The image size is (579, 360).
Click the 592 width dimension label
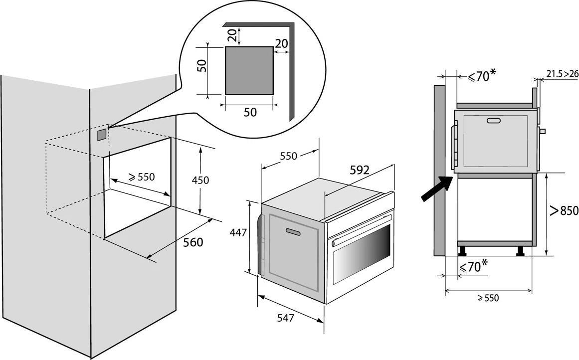pyautogui.click(x=359, y=170)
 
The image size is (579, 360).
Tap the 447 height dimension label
pyautogui.click(x=238, y=233)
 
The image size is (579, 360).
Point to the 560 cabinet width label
pyautogui.click(x=193, y=243)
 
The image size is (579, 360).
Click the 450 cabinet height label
pyautogui.click(x=200, y=180)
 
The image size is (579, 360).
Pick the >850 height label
pyautogui.click(x=564, y=210)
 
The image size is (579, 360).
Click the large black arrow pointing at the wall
pyautogui.click(x=437, y=188)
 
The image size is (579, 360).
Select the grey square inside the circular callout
pyautogui.click(x=249, y=70)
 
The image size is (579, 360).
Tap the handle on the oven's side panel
pyautogui.click(x=293, y=231)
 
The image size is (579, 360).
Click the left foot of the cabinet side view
pyautogui.click(x=462, y=251)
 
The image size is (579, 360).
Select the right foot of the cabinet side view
pyautogui.click(x=520, y=251)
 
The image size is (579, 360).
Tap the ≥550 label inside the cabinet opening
pyautogui.click(x=142, y=177)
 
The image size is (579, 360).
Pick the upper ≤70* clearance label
pyautogui.click(x=482, y=76)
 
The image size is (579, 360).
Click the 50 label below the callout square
pyautogui.click(x=250, y=112)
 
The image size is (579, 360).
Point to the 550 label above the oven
pyautogui.click(x=288, y=156)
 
